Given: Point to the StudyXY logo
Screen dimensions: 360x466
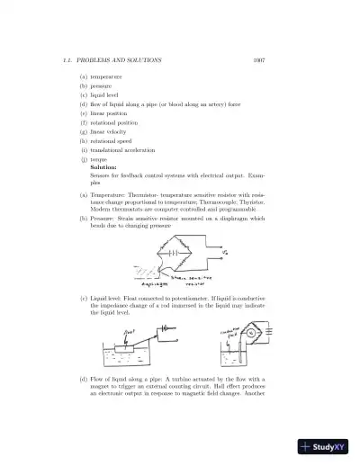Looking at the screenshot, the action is [326, 445].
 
